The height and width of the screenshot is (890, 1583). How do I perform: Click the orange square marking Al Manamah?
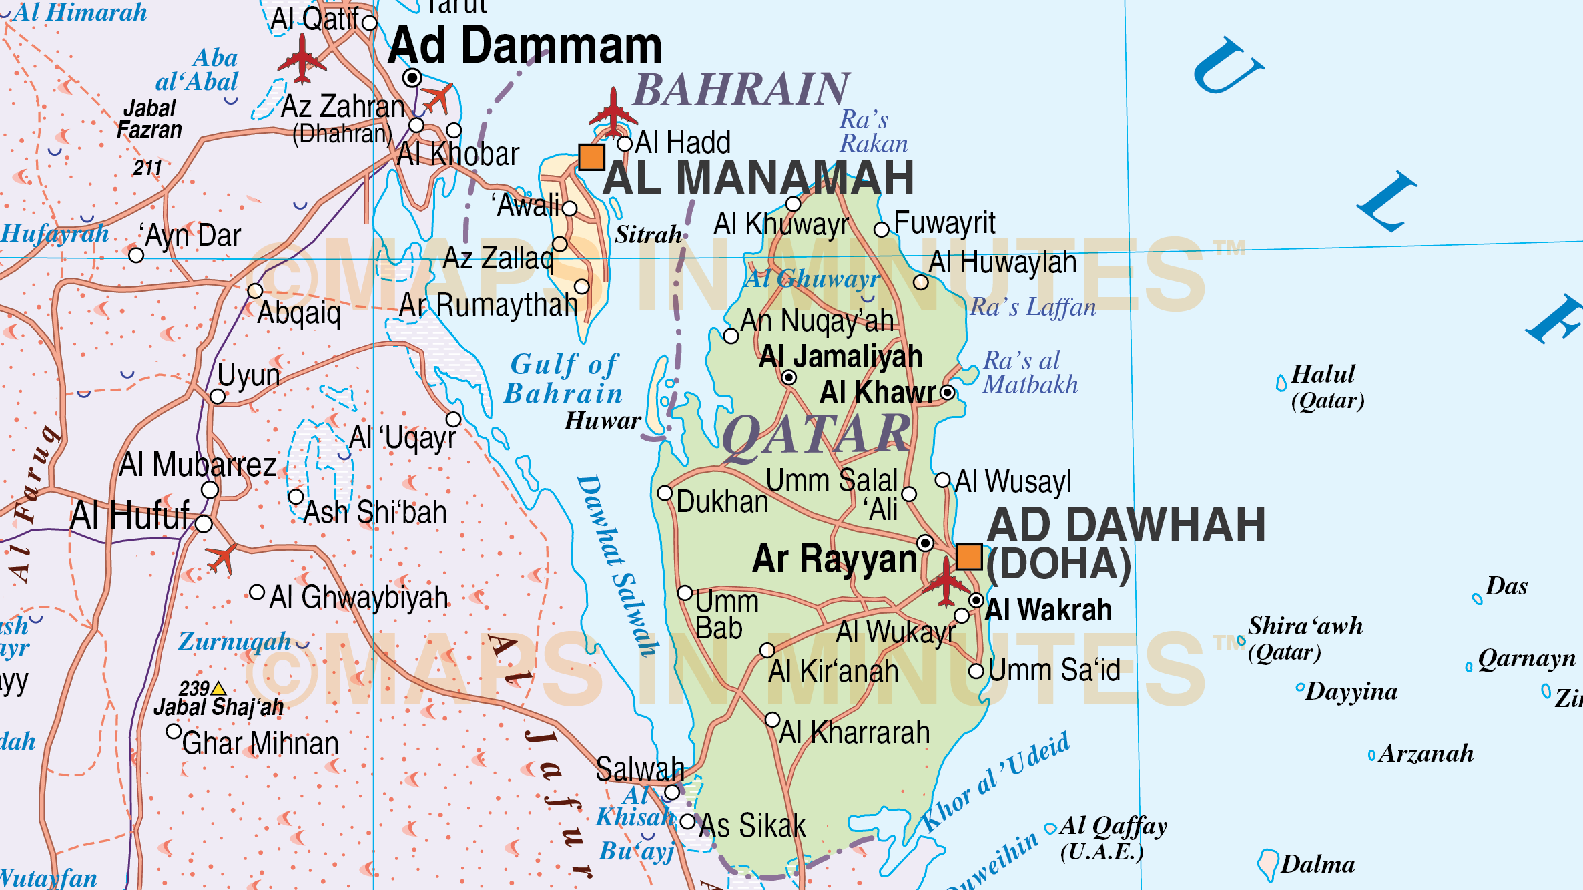coord(591,157)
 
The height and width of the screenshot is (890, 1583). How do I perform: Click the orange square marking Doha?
coord(969,557)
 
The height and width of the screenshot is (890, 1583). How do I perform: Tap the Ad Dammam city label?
coord(525,45)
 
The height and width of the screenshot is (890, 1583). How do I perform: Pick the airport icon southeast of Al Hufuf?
coord(222,558)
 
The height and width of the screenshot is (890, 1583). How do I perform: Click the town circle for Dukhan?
coord(665,493)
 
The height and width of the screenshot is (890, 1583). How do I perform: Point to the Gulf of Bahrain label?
coord(564,379)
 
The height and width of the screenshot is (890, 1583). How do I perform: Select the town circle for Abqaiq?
coord(255,291)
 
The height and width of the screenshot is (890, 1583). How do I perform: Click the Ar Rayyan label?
coord(834,558)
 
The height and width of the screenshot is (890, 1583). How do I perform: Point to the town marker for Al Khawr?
coord(948,393)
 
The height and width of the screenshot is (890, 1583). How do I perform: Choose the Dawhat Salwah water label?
coord(617,564)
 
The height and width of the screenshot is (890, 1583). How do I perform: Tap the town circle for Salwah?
coord(672,793)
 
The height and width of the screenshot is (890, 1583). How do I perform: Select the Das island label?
coord(1506,586)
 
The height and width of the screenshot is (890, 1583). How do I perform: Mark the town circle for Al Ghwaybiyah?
coord(257,592)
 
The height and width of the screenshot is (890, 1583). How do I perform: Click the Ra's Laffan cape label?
coord(1032,307)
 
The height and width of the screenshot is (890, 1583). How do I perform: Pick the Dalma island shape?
coord(1267,864)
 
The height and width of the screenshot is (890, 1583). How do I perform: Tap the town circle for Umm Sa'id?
coord(976,671)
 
